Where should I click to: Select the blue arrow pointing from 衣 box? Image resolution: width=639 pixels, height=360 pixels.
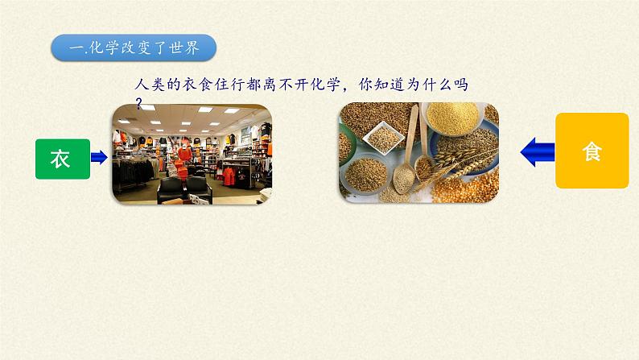click(x=99, y=158)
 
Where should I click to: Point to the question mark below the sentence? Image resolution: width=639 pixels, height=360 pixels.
click(x=139, y=102)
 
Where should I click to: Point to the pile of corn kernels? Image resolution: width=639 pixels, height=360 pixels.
click(x=475, y=185)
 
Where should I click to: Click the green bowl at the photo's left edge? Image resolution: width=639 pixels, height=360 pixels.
click(x=344, y=146)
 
